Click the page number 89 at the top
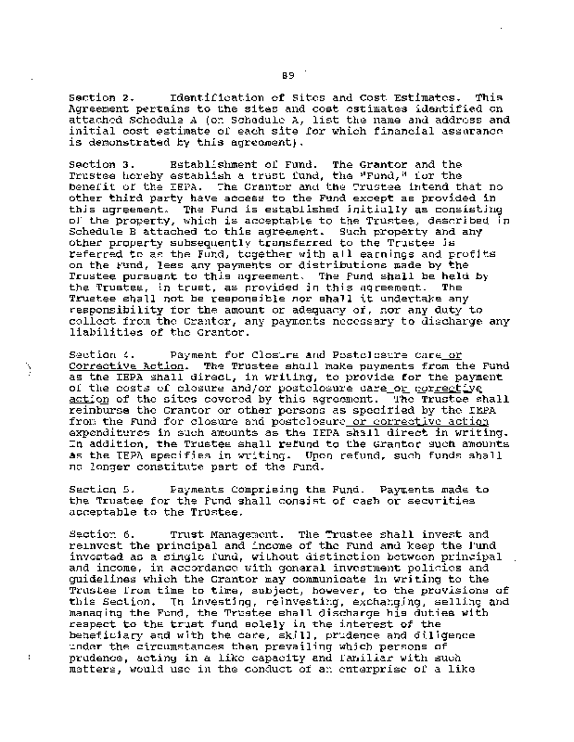tap(288, 75)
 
